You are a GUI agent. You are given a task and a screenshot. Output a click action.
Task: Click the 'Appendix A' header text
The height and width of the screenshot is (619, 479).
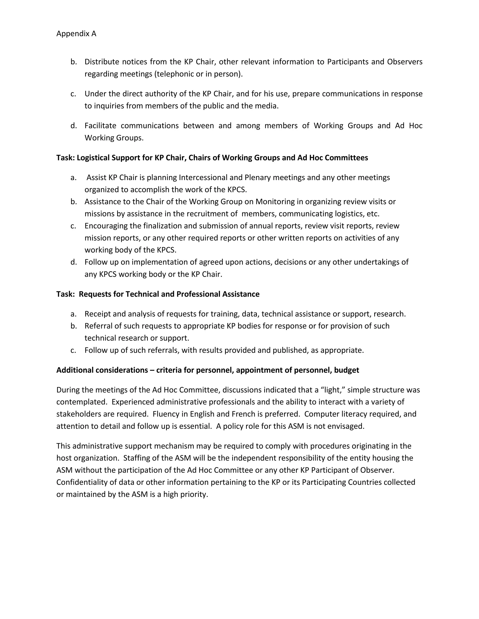[76, 34]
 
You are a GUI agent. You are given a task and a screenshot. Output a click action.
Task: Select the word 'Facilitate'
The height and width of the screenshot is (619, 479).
[100, 126]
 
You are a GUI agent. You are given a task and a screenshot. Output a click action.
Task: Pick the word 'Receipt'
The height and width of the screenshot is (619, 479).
[96, 314]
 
